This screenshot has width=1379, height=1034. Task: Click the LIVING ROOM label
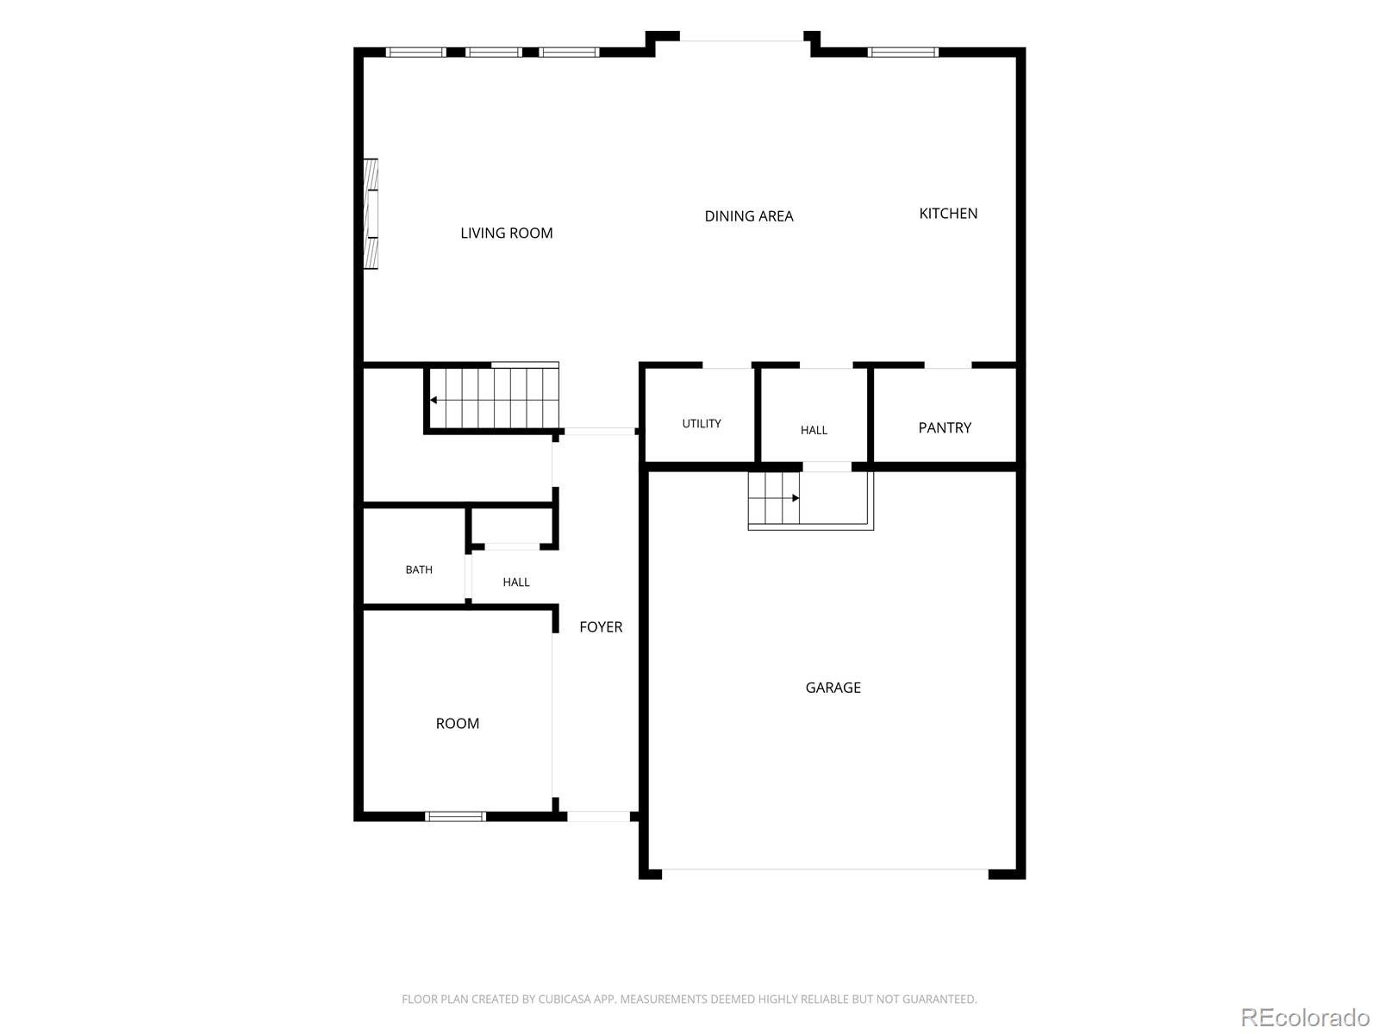coord(507,233)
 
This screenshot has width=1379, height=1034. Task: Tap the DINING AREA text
coord(749,216)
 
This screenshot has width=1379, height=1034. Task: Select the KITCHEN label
coord(948,214)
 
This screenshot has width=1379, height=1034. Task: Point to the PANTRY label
coord(945,427)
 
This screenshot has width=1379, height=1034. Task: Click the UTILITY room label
coord(702,424)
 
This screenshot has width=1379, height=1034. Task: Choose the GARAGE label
coord(833,688)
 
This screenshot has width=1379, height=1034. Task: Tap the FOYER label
coord(601,626)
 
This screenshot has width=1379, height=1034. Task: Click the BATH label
coord(419,570)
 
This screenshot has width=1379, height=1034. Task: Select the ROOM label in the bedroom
coord(458,723)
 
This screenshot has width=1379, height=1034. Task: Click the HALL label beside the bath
coord(516,582)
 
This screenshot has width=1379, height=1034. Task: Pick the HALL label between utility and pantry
coord(814,430)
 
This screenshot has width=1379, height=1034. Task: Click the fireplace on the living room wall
coord(371,214)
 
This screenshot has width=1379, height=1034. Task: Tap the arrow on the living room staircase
coord(434,400)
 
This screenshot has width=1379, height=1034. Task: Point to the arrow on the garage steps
coord(796,498)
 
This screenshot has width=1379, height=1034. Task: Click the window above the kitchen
coord(903,52)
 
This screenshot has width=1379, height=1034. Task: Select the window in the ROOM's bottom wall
coord(455,816)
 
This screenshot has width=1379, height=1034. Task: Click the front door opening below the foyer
coord(599,816)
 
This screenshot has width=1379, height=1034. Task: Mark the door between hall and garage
coord(827,466)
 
